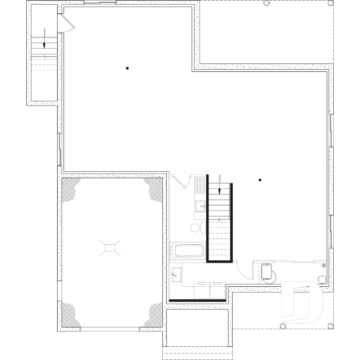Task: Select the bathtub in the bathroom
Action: click(x=188, y=251)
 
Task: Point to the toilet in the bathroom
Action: click(x=195, y=228)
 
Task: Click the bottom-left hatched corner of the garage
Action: click(x=71, y=314)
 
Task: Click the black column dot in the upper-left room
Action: click(x=128, y=68)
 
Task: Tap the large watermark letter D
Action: click(x=304, y=300)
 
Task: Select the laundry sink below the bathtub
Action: click(x=177, y=274)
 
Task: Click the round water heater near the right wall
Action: click(x=268, y=272)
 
